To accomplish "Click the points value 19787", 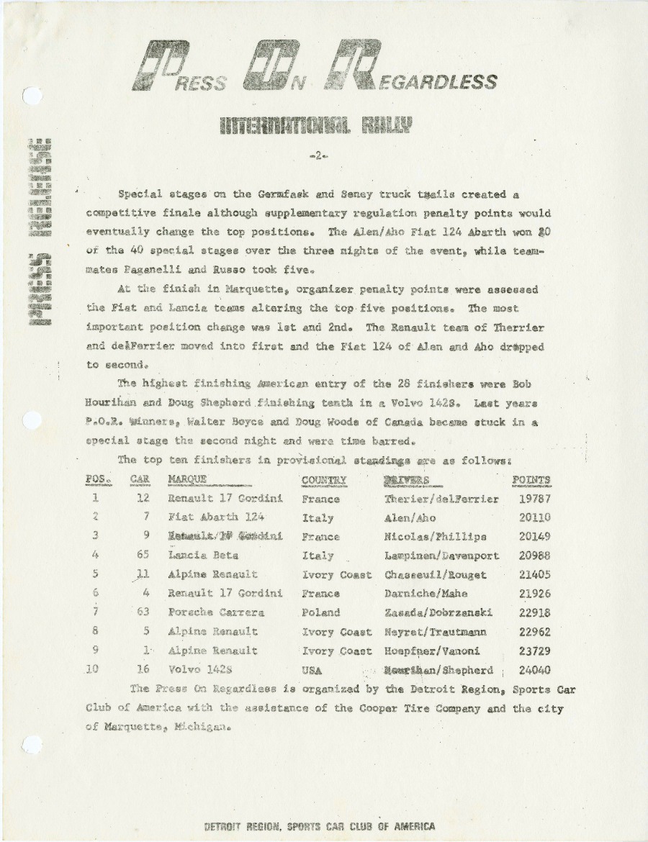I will tap(534, 499).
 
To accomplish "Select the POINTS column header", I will tap(531, 480).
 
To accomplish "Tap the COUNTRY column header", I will tap(324, 480).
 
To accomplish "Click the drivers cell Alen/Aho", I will tap(410, 517).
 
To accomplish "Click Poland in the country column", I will tap(320, 612).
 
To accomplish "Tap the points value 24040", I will tap(534, 670).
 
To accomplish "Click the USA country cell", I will tap(312, 670).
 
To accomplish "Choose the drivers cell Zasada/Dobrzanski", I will tap(438, 612).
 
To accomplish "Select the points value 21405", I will tap(534, 575).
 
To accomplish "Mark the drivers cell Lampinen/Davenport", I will tap(441, 556).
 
